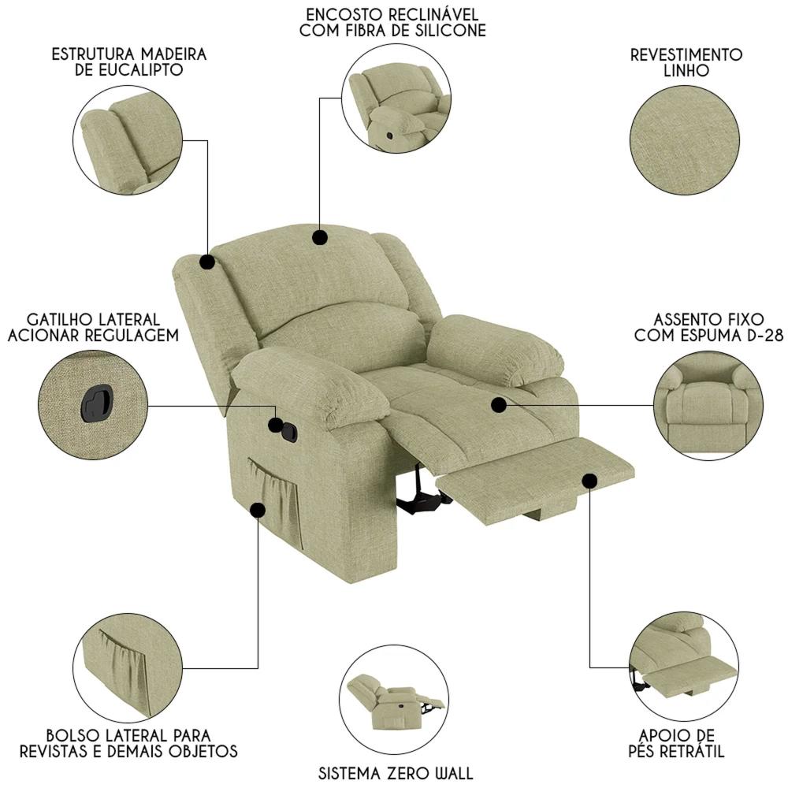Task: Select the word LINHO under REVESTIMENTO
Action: click(x=686, y=70)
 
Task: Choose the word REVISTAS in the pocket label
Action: click(x=55, y=751)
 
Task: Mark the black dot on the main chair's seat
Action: click(x=499, y=404)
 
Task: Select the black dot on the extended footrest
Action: click(x=590, y=481)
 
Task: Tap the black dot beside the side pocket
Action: click(x=258, y=510)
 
